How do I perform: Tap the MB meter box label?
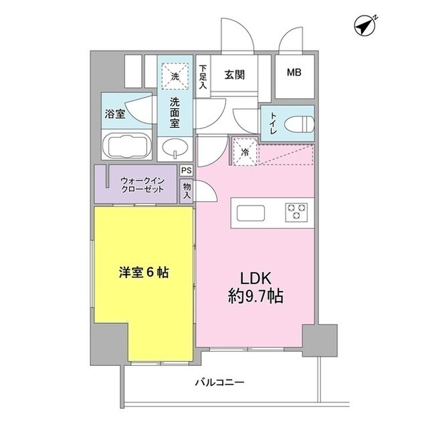[x=294, y=73]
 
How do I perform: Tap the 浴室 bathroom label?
[x=116, y=113]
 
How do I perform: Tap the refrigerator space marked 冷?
[x=243, y=151]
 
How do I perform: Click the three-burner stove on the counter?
[x=296, y=212]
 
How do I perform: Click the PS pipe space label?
[x=185, y=170]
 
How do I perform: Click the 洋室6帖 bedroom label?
[x=143, y=272]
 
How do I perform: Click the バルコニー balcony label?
[x=220, y=382]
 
